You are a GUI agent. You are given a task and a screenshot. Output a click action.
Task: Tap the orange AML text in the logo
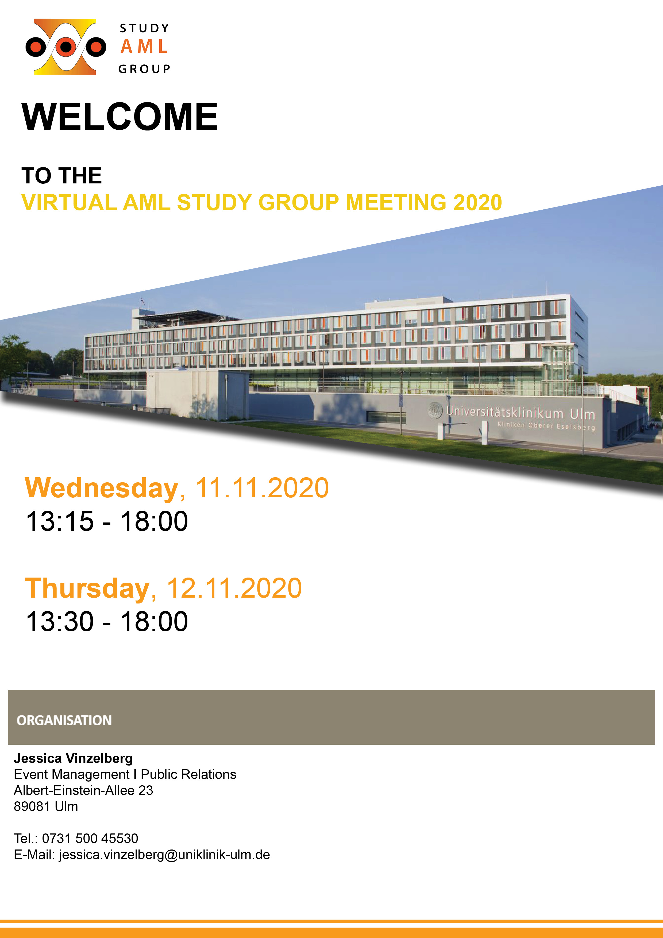tap(144, 46)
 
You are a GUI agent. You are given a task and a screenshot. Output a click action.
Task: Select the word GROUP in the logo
tap(144, 69)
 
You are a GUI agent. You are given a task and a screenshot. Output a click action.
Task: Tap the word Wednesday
tap(102, 489)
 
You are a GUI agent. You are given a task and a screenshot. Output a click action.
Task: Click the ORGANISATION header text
tap(64, 720)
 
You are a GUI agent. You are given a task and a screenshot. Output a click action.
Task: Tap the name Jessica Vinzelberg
tap(74, 758)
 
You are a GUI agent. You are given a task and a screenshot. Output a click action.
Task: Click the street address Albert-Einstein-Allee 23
tap(83, 790)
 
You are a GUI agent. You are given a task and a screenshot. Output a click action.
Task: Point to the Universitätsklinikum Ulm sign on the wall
tap(521, 413)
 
